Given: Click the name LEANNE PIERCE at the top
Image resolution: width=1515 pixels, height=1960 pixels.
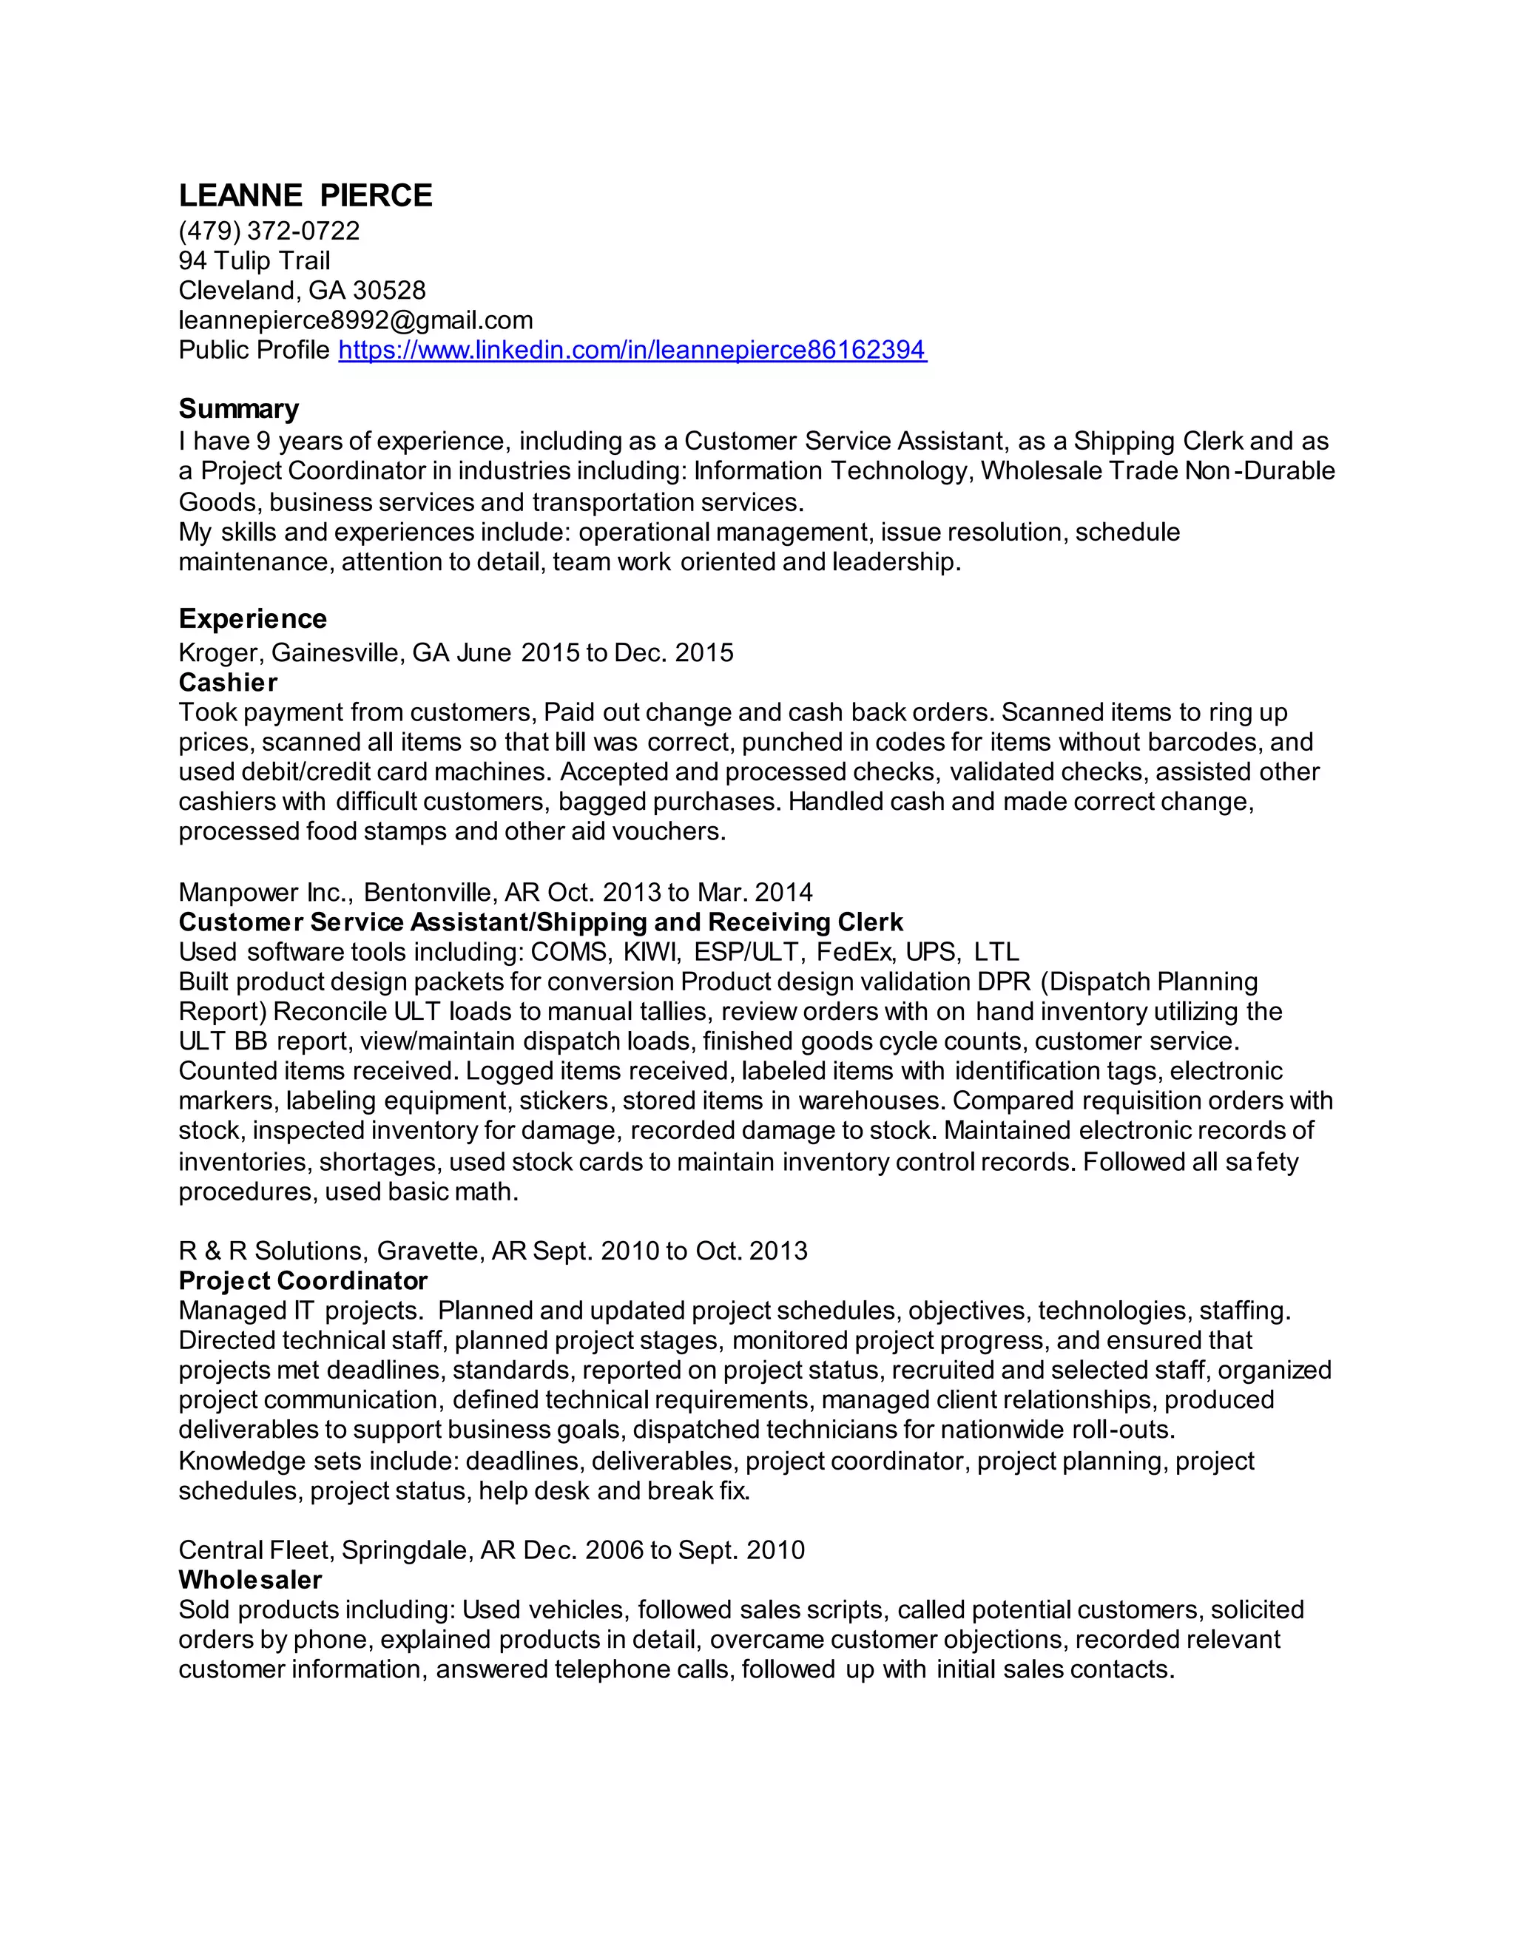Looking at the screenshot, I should (x=306, y=196).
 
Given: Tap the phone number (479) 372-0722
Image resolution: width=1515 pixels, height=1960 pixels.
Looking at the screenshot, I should (x=269, y=232).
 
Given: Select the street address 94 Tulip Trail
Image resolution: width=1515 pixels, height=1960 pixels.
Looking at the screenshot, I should (x=254, y=261).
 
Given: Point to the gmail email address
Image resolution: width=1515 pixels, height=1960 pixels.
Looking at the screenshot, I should (x=355, y=320).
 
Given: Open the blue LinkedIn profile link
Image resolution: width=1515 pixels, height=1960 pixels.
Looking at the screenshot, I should (x=632, y=350).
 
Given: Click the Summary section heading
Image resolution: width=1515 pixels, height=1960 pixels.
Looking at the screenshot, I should (x=238, y=409).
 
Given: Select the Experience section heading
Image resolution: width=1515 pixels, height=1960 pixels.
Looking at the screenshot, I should (x=252, y=619).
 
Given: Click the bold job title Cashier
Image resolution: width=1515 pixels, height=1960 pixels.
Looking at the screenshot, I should (x=228, y=683).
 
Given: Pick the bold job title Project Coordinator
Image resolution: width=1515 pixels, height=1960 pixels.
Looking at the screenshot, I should (x=303, y=1280).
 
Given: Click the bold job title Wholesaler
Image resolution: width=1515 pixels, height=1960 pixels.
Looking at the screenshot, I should (x=249, y=1580).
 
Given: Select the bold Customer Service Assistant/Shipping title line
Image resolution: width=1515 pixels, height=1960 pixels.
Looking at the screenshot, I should (x=540, y=922).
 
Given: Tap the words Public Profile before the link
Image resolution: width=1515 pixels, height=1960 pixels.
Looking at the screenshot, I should (x=254, y=350).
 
